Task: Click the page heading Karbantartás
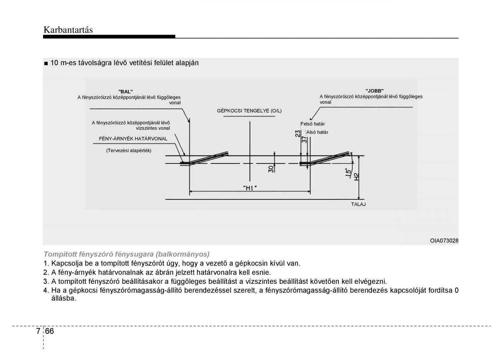point(68,30)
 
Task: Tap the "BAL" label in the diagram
point(125,92)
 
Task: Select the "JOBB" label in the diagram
point(374,91)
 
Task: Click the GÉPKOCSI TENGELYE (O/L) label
point(249,111)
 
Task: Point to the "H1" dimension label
point(250,188)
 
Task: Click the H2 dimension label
point(356,177)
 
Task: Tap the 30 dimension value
point(271,169)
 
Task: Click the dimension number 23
point(297,134)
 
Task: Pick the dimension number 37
point(304,140)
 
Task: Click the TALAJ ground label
point(359,204)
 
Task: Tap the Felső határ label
point(312,124)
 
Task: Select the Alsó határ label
point(317,132)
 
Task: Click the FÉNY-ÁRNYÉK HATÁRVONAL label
point(133,139)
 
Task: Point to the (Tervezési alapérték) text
point(129,151)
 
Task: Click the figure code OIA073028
point(444,240)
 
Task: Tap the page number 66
point(49,331)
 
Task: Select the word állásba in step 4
point(64,299)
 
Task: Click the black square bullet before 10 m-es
point(46,64)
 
